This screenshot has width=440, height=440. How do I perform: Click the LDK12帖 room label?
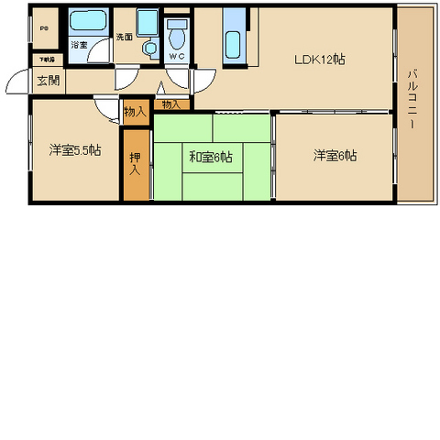[319, 60]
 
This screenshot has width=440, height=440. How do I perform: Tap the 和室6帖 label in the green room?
[211, 157]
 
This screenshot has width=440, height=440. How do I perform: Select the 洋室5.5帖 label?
[75, 149]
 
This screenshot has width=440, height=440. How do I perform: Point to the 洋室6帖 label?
[335, 156]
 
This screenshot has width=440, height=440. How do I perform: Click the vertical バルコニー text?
[414, 98]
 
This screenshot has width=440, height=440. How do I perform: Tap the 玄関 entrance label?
[48, 80]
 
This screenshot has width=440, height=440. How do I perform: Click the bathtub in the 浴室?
[88, 22]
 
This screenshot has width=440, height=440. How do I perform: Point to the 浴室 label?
[80, 45]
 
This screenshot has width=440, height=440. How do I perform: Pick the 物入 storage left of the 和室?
[134, 112]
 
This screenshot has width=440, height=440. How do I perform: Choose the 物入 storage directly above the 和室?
[171, 105]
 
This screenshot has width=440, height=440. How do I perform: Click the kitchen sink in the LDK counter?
[234, 42]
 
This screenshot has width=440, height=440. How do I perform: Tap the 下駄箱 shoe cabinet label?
[46, 60]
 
